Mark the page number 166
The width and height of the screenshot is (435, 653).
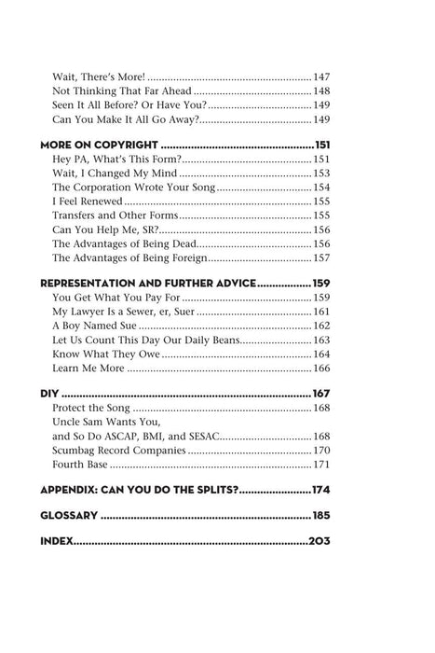[323, 369]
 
